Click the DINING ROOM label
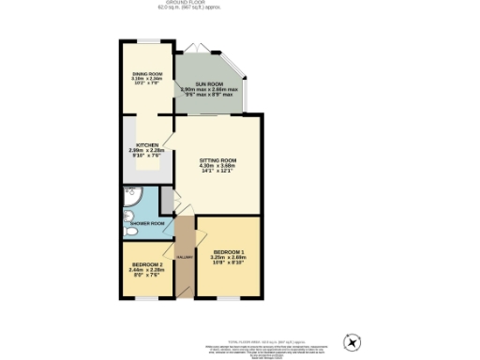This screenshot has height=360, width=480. tap(146, 74)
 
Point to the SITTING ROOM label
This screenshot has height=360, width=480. tap(217, 160)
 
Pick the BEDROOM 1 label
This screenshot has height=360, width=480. tap(230, 252)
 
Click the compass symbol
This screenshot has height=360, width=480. tap(352, 342)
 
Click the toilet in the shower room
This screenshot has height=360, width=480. tap(127, 226)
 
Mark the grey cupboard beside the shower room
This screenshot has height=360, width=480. tap(167, 200)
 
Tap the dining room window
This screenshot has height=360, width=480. tap(147, 40)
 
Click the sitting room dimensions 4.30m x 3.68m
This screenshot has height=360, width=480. tap(217, 167)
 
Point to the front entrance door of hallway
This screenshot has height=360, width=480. tap(186, 298)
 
